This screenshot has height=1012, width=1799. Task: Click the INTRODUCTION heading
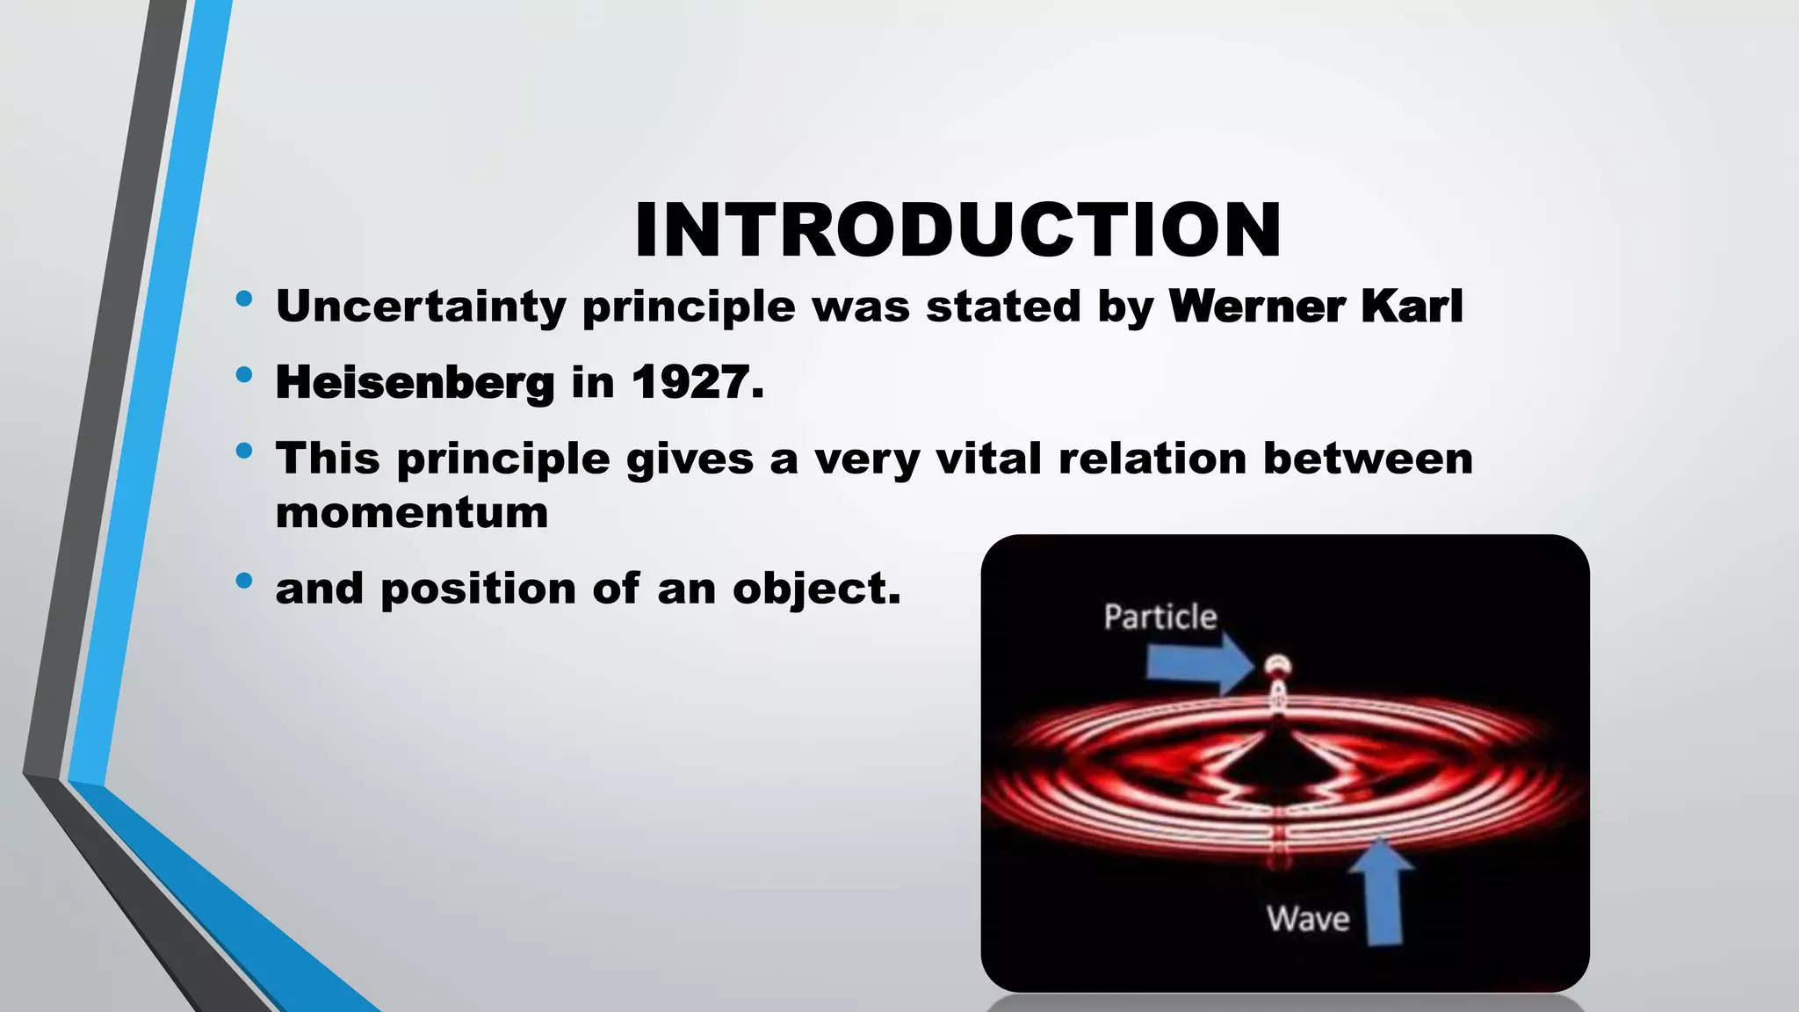(957, 230)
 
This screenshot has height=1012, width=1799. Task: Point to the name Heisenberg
(415, 383)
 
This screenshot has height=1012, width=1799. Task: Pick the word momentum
(411, 513)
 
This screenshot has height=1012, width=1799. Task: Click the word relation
(1152, 459)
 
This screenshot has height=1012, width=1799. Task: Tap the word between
(1368, 459)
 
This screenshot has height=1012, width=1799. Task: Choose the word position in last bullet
(478, 589)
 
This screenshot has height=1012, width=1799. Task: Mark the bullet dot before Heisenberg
(244, 376)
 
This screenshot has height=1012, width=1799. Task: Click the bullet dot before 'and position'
(244, 581)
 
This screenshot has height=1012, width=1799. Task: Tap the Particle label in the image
(1160, 618)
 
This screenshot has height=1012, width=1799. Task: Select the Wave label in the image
(1308, 920)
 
